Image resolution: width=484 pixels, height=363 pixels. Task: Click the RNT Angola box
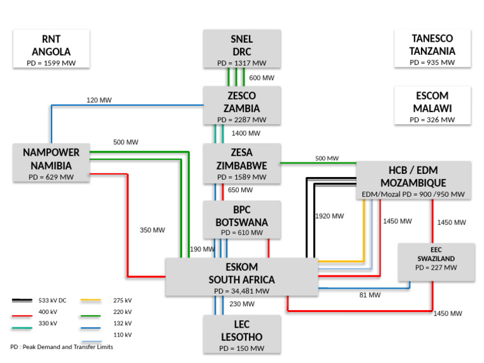52,49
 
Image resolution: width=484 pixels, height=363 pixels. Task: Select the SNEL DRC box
241,49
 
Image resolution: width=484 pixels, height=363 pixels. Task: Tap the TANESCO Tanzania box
432,49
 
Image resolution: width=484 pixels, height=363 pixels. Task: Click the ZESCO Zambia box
241,105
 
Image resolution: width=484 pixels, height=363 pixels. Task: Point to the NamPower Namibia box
51,163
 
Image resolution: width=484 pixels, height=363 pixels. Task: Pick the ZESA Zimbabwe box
241,163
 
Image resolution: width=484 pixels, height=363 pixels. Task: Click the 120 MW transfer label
99,100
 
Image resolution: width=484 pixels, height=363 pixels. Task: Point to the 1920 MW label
330,216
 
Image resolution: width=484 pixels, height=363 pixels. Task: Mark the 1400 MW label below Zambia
246,134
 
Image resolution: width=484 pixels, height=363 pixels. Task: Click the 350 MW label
152,230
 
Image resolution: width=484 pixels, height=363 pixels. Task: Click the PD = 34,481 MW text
241,291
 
